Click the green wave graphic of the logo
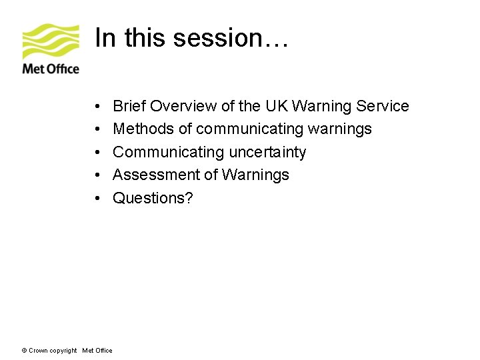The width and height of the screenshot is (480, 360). [51, 42]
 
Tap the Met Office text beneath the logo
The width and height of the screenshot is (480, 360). [51, 69]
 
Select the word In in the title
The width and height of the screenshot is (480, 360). [104, 38]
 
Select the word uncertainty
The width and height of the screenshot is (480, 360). [267, 153]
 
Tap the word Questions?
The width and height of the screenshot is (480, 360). [153, 198]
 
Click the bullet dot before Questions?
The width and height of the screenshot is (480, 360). [97, 199]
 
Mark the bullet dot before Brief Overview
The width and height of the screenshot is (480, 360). [97, 107]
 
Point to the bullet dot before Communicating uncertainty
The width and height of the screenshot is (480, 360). [97, 153]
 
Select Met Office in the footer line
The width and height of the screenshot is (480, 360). [97, 351]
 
